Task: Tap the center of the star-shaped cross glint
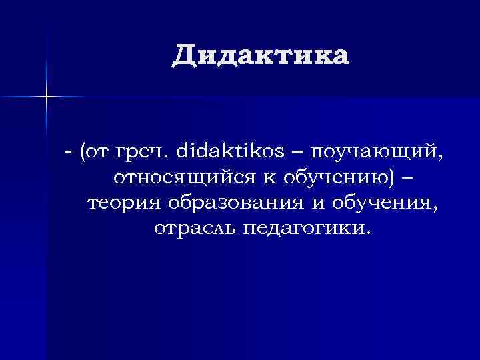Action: pyautogui.click(x=47, y=97)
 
